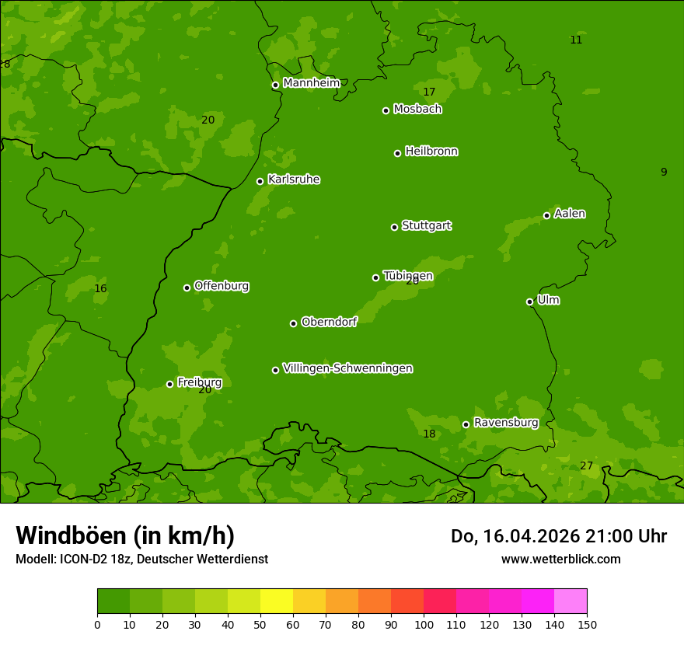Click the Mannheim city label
(x=311, y=83)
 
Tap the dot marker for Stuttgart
(x=394, y=227)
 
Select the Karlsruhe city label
(x=293, y=180)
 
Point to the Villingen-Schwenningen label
(x=347, y=368)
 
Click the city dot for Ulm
(x=529, y=302)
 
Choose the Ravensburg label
(x=505, y=423)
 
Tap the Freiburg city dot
(x=169, y=384)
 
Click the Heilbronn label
(x=431, y=152)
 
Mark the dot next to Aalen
(x=546, y=215)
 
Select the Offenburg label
(x=221, y=286)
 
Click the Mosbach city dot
(x=386, y=110)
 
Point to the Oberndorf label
(x=329, y=322)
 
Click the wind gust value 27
(x=586, y=465)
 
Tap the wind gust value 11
(x=576, y=40)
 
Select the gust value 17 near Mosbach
(x=429, y=92)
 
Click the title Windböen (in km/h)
(x=125, y=535)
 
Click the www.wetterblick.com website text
(x=560, y=559)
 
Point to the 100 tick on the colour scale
(x=424, y=624)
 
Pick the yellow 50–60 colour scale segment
(x=277, y=601)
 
